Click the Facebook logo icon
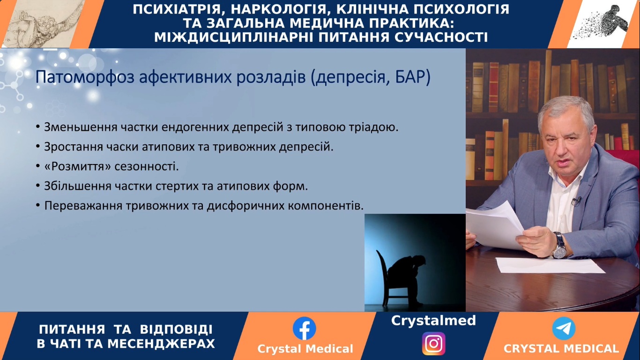(x=304, y=328)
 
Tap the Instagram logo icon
(x=433, y=344)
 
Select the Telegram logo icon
(x=564, y=328)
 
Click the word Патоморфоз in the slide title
(x=85, y=77)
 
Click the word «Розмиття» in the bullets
(x=78, y=166)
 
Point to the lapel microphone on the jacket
(x=577, y=201)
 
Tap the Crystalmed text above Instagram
(x=433, y=321)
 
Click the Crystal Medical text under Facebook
(x=305, y=349)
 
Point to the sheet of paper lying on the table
(x=550, y=265)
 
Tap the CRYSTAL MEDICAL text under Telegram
(x=561, y=349)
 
